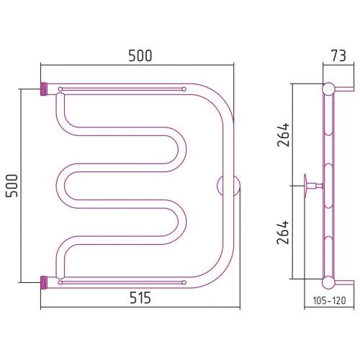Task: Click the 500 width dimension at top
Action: coord(140,55)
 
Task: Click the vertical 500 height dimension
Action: coord(12,186)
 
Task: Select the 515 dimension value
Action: coord(140,298)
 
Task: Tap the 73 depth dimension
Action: coord(338,55)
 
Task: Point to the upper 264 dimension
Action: coord(283,135)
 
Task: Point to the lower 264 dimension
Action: coord(283,232)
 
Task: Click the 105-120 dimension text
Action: coord(329,300)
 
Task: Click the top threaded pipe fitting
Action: coord(44,89)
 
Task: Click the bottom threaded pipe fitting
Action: coord(44,282)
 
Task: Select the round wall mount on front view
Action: coord(228,186)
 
